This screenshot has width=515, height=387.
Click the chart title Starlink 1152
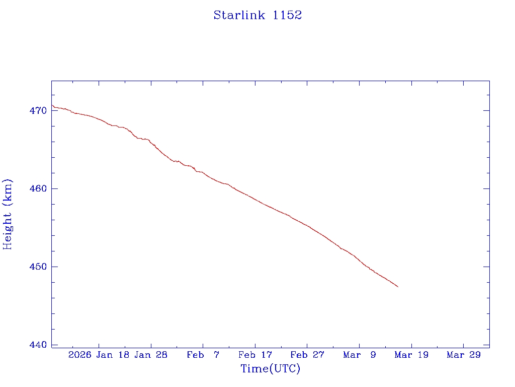coord(257,15)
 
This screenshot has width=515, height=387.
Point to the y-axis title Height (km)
coord(8,214)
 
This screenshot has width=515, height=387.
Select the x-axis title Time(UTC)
coord(271,369)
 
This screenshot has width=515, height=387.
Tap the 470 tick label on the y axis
coord(39,111)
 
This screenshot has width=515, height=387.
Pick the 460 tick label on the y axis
coord(39,189)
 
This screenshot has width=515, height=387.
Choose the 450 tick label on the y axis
coord(39,267)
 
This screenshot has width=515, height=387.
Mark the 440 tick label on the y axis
coord(39,345)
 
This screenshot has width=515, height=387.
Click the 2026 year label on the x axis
coord(79,355)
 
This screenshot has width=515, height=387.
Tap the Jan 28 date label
coord(151,355)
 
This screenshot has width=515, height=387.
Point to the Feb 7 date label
coord(203,355)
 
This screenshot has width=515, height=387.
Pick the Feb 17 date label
coord(255,355)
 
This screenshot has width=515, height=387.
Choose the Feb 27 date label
coord(307,355)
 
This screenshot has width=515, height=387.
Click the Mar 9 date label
coord(360,355)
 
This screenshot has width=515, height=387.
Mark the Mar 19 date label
coord(411,355)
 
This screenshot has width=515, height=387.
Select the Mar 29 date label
coord(463,355)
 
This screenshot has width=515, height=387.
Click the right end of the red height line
coord(398,287)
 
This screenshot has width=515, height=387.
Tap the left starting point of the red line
coord(52,105)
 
